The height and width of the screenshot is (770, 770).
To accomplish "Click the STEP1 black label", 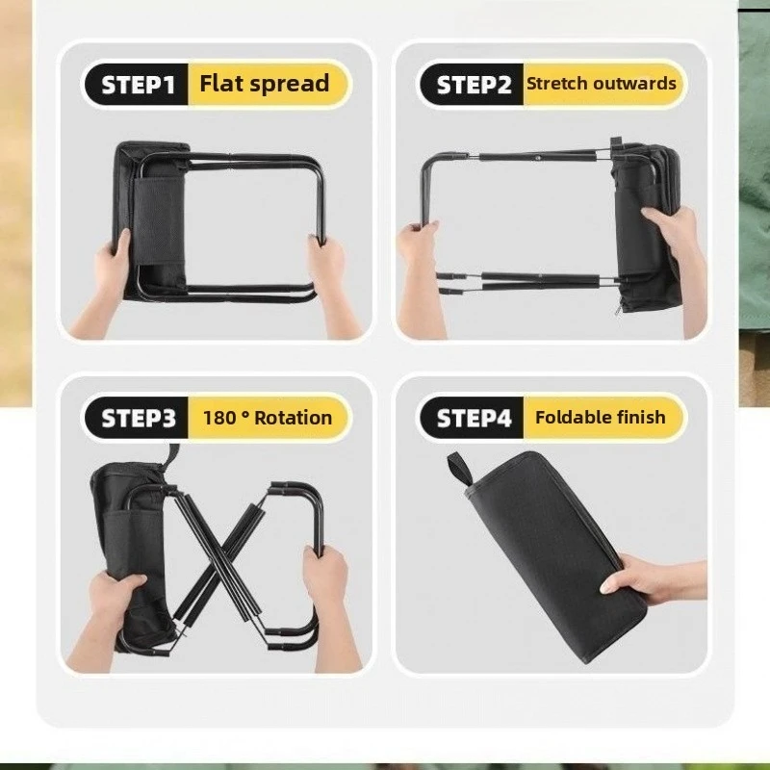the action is pyautogui.click(x=137, y=85).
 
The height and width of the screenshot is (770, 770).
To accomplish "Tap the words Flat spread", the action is pyautogui.click(x=264, y=84).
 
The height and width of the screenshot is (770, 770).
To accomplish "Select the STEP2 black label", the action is pyautogui.click(x=473, y=85).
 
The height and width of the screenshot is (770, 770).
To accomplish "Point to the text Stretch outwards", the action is pyautogui.click(x=601, y=84).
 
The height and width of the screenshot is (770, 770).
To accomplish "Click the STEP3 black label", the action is pyautogui.click(x=137, y=418).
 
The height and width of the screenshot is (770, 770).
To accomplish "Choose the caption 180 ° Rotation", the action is pyautogui.click(x=268, y=418).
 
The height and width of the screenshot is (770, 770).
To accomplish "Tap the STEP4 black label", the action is pyautogui.click(x=473, y=418).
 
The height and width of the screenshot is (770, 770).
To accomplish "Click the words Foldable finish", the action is pyautogui.click(x=600, y=418).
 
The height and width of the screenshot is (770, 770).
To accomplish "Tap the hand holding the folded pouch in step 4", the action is pyautogui.click(x=654, y=579).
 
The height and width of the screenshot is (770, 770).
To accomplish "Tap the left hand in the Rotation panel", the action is pyautogui.click(x=106, y=619).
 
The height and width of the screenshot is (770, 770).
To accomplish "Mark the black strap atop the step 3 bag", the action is pyautogui.click(x=172, y=456).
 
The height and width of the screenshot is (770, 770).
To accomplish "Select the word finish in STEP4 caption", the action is pyautogui.click(x=641, y=418).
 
